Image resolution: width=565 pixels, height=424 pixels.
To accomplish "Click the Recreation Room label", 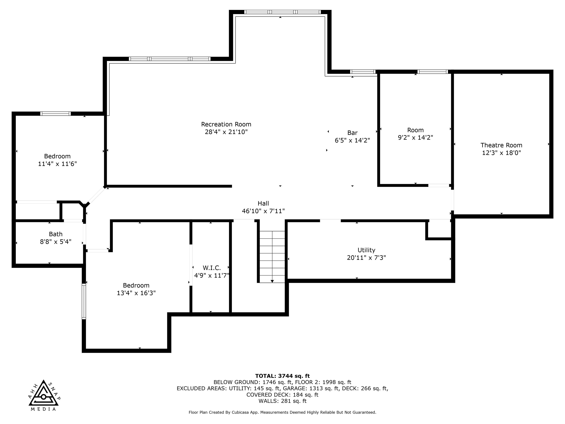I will [x=226, y=124].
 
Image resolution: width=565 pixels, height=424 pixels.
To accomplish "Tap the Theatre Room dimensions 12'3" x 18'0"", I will [x=501, y=153].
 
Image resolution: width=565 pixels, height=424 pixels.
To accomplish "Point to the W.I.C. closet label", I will [x=212, y=268].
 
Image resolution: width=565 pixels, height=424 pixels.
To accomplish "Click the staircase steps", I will [x=272, y=253].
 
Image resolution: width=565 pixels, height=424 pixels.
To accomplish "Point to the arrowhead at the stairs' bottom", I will [x=272, y=281].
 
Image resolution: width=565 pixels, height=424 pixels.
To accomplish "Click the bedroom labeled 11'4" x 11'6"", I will [x=57, y=160].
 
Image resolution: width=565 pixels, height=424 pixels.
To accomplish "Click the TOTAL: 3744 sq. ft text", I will [x=282, y=376].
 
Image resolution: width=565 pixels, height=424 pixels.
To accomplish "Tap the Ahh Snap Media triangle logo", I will [x=43, y=395].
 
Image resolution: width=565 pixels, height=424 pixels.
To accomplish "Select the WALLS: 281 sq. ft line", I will [x=282, y=401].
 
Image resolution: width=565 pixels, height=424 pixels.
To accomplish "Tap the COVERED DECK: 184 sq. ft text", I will [x=282, y=395].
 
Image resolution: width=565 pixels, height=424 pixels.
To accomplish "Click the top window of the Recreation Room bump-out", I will [x=282, y=12].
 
